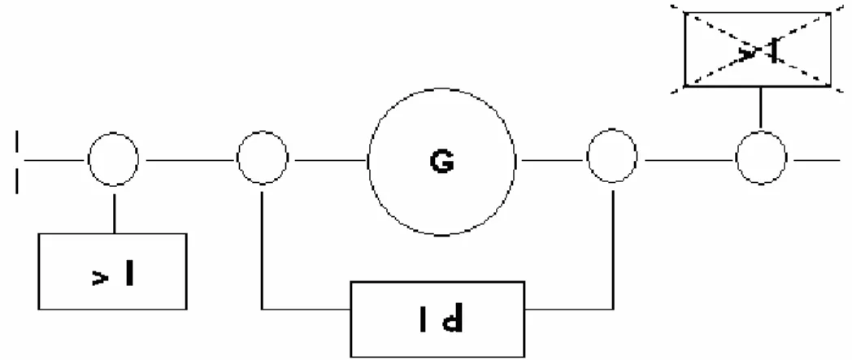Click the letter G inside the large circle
(x=441, y=162)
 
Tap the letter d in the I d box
(x=453, y=320)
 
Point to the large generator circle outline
(x=369, y=162)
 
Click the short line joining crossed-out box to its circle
(x=760, y=108)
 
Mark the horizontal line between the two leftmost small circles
(x=191, y=160)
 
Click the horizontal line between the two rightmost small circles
(x=689, y=160)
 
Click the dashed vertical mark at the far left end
(x=17, y=161)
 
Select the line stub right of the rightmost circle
(x=817, y=160)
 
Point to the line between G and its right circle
(x=551, y=160)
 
